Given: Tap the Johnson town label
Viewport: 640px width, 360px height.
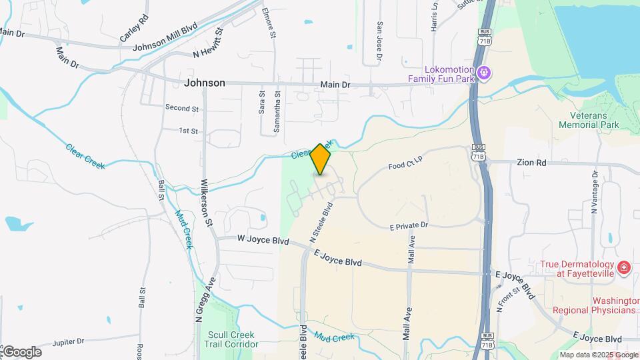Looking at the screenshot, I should point(204,83).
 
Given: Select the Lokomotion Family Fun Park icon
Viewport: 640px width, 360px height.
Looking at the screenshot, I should point(485,72).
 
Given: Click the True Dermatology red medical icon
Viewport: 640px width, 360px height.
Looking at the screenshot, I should point(623,268).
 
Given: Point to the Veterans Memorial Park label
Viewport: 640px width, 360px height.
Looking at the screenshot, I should point(589,119).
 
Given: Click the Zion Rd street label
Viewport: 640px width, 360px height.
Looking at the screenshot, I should point(531,162).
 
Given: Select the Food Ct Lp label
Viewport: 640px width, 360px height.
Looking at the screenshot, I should point(405,163).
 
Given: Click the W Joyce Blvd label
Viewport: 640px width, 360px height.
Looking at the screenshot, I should point(262,240).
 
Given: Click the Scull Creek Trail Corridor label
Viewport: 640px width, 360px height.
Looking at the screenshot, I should point(232,339).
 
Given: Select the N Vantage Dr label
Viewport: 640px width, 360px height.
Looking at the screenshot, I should point(594,193).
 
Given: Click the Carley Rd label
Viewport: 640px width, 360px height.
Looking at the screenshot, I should point(134,27).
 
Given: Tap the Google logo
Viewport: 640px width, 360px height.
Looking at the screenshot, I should point(22,351).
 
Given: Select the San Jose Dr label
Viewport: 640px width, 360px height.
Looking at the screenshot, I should point(379,41).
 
